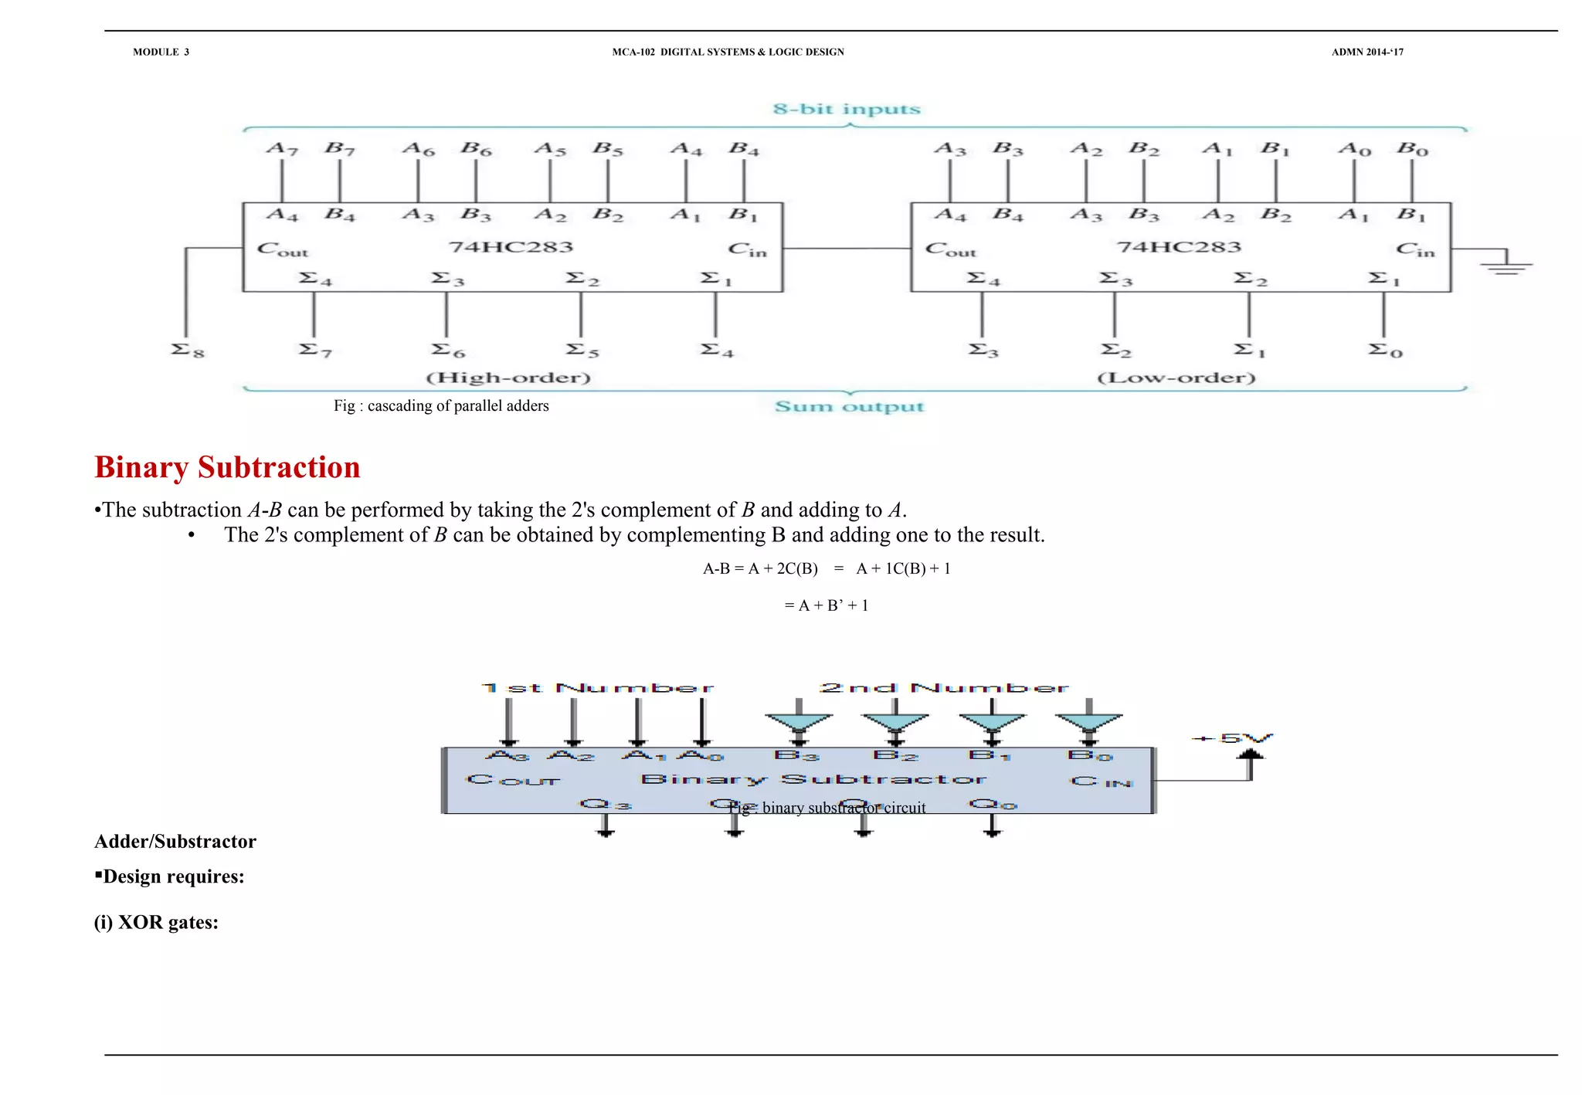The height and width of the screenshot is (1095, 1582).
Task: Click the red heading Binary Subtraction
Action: click(227, 467)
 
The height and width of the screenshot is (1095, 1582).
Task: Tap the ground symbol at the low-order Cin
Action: click(1506, 266)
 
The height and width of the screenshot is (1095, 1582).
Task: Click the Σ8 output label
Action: click(188, 351)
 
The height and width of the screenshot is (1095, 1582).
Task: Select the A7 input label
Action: click(282, 148)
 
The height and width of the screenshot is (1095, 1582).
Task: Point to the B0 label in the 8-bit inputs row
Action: click(1412, 148)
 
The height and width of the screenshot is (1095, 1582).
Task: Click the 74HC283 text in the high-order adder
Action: click(511, 247)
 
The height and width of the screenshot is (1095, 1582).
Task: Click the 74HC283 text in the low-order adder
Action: click(1179, 247)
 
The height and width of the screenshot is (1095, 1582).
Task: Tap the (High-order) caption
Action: click(508, 378)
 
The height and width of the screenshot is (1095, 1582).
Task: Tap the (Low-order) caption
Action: click(1176, 378)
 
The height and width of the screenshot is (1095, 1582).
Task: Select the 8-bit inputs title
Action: click(847, 109)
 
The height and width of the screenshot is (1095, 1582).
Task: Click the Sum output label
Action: click(849, 407)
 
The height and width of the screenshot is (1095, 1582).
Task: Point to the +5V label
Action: click(1233, 738)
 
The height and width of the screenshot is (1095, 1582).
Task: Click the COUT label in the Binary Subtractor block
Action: click(513, 780)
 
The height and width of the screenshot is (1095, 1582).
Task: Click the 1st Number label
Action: click(597, 687)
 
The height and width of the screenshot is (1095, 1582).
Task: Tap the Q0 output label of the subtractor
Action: click(993, 805)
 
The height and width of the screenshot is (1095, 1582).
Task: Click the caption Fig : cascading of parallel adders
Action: click(441, 406)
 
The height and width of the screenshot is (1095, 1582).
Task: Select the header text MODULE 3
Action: click(161, 52)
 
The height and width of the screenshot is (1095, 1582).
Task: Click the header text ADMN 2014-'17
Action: click(1367, 52)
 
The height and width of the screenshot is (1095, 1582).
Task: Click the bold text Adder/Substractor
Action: click(175, 842)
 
